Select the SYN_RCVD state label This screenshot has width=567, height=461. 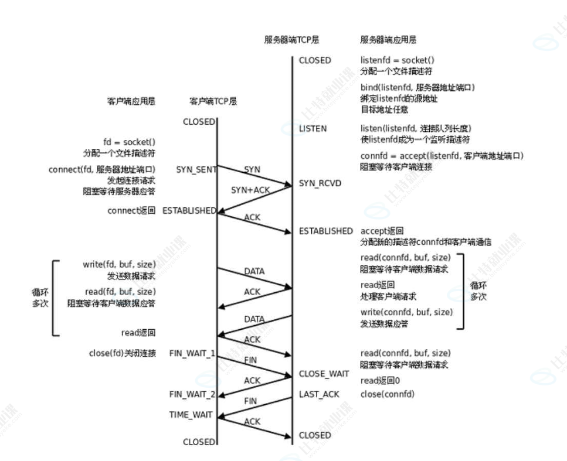coord(320,183)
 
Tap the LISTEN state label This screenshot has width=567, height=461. coord(313,128)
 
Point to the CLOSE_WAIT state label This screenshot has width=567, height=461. coord(324,374)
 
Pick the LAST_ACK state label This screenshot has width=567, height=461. coord(319,394)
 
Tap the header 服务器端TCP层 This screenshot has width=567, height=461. coord(291,40)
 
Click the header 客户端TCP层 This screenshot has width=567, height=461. coord(213,101)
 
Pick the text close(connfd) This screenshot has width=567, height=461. coord(387,394)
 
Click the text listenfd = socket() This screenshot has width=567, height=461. coord(397,60)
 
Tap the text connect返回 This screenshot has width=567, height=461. coord(131,210)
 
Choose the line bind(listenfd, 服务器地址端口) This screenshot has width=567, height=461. coord(417,87)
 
